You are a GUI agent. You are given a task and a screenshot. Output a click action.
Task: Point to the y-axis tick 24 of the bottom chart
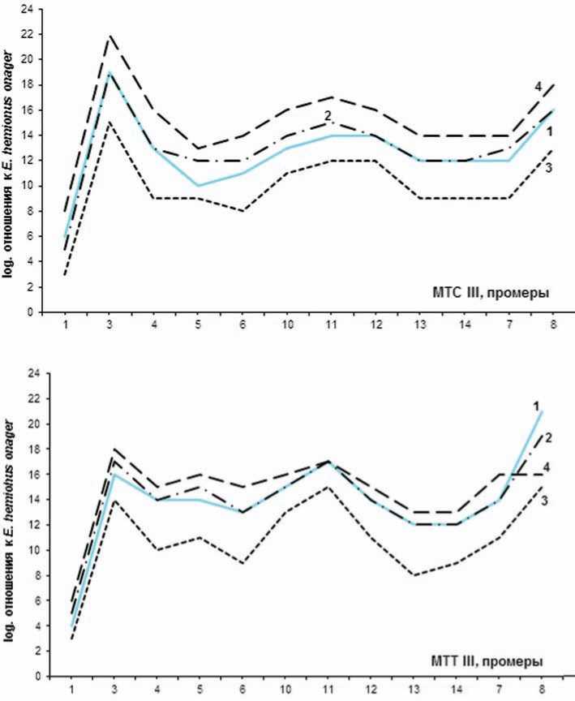(x=32, y=373)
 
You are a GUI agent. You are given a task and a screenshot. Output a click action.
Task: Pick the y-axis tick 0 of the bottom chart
(x=36, y=675)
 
